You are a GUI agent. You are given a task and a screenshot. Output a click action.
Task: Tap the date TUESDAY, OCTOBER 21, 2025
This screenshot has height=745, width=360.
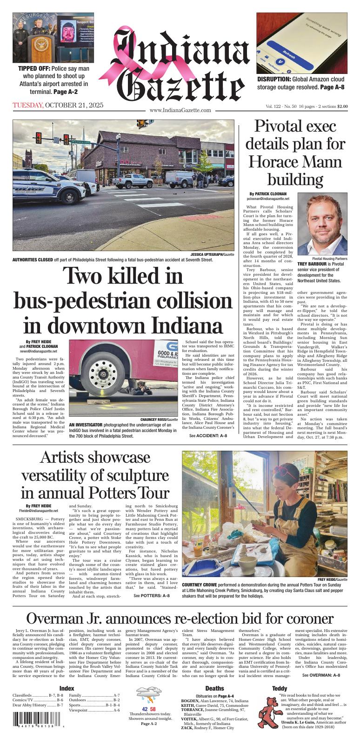tap(58, 105)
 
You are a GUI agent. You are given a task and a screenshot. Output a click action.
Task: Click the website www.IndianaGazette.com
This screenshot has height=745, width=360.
tap(180, 111)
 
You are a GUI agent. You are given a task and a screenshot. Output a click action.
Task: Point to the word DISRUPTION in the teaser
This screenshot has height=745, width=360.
tap(273, 80)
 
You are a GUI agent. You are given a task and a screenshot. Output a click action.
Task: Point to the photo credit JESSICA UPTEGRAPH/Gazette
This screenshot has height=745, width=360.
tap(212, 255)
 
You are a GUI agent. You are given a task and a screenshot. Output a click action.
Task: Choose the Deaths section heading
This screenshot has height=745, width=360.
tap(214, 688)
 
